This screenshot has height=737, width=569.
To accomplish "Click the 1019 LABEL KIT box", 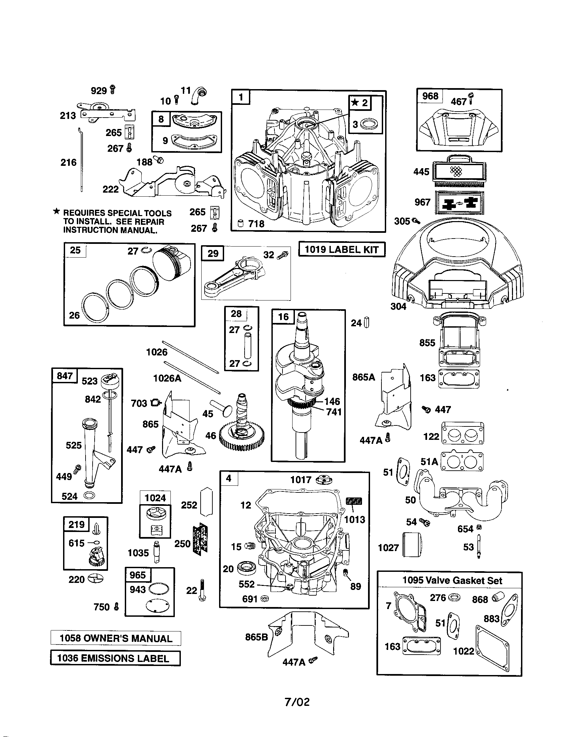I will point(342,250).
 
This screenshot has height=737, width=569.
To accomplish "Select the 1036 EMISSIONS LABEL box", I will point(115,658).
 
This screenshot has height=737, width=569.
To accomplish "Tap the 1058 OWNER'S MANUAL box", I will point(115,639).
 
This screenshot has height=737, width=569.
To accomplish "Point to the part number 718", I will point(256,224).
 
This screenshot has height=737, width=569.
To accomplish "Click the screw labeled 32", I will point(282,255).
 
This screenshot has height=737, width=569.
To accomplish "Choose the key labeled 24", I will point(367,323).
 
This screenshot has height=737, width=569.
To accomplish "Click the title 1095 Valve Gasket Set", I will point(452,581).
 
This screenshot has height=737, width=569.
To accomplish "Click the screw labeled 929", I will point(113,90).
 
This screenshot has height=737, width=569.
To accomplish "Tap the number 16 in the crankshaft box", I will point(283,317).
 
